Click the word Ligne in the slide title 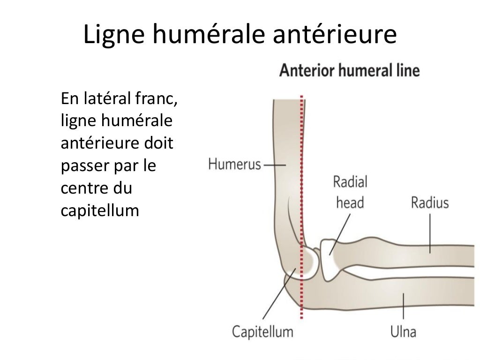(x=112, y=36)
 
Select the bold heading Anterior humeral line (x=349, y=71)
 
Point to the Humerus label (x=234, y=165)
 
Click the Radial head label (x=350, y=192)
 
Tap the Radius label (x=430, y=202)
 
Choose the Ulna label (x=403, y=332)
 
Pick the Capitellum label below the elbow (x=263, y=332)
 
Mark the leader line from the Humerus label (x=274, y=165)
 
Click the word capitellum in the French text (x=100, y=211)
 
